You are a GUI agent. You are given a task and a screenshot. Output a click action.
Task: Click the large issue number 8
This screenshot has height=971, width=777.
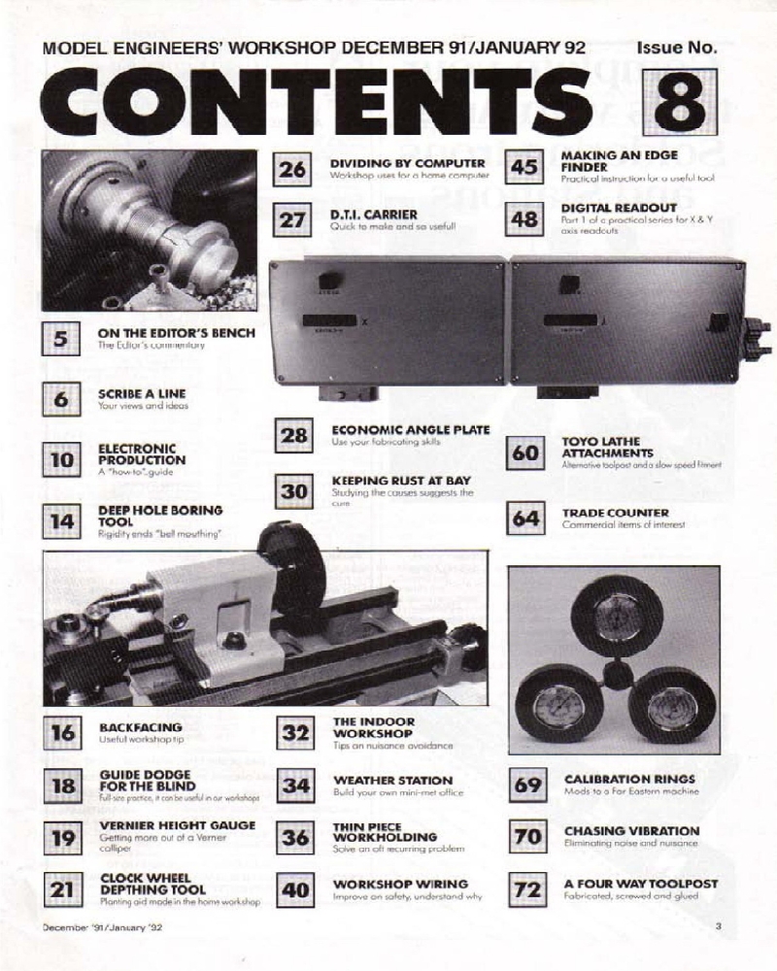point(685,101)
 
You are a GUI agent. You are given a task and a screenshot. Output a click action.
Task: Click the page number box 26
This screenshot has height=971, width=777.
point(292,169)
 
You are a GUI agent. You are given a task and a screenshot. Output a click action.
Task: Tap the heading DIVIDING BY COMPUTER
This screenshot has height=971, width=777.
point(407,162)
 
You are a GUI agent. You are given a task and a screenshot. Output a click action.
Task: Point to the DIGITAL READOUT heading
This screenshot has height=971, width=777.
point(619,207)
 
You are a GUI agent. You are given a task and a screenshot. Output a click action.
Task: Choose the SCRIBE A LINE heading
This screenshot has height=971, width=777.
point(142,393)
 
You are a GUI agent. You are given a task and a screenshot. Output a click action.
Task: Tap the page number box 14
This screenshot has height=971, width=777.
point(60,520)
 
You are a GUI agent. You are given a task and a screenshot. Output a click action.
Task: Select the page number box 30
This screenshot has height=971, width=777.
point(292,492)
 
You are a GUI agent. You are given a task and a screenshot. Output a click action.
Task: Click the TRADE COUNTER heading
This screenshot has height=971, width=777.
point(615,512)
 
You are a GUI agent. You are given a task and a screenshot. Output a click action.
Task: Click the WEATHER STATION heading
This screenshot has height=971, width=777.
point(392,780)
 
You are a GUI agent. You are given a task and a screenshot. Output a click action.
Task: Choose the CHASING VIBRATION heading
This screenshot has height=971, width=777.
point(631,831)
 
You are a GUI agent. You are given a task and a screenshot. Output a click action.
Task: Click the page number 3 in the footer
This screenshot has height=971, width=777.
point(718,926)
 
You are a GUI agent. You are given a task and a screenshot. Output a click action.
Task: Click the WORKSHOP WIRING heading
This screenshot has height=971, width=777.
point(400,885)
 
